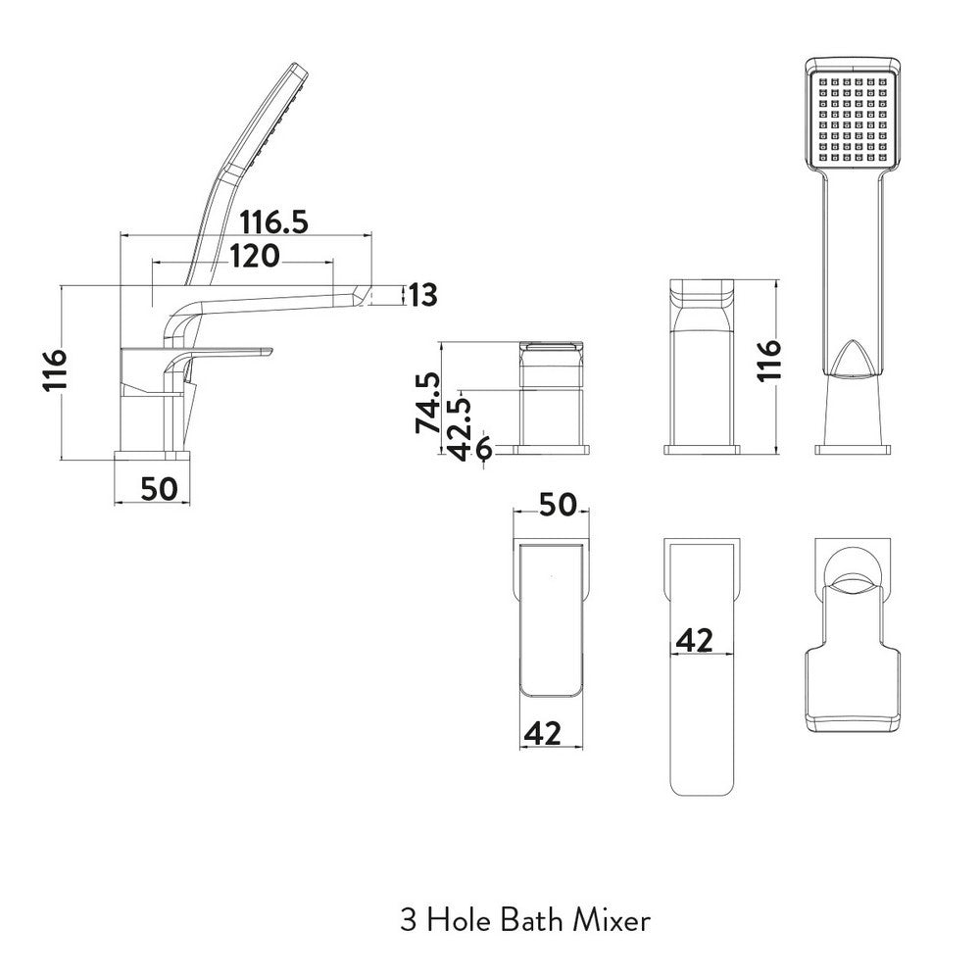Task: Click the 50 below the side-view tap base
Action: (157, 487)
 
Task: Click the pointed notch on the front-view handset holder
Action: (852, 359)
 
